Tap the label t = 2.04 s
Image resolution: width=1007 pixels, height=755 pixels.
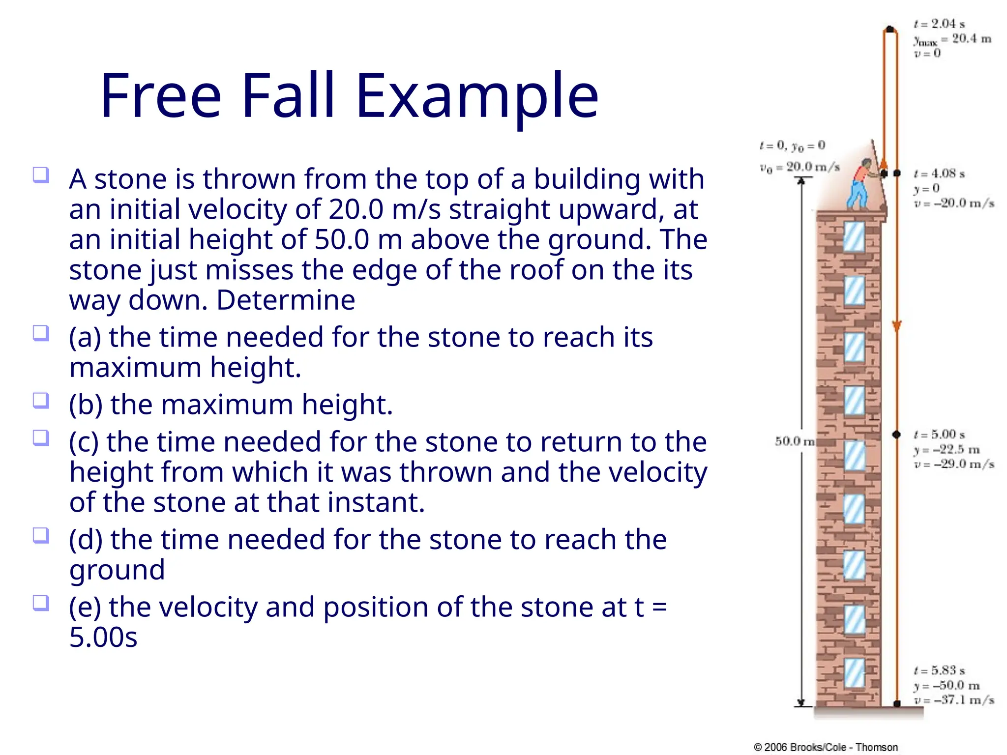coord(939,24)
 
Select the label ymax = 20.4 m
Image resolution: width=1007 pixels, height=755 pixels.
coord(952,39)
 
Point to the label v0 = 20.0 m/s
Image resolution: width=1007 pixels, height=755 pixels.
coord(800,168)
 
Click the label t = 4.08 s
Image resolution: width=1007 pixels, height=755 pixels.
coord(939,174)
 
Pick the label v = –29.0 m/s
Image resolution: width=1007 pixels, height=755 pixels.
coord(954,465)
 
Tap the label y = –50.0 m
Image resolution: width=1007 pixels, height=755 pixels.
coord(947,686)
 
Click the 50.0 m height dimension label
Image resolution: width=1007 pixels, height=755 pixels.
coord(794,441)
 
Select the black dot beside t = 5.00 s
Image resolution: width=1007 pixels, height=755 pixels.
coord(896,435)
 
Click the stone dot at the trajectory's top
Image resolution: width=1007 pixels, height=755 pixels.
coord(889,29)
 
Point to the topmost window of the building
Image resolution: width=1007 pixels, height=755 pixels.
coord(854,237)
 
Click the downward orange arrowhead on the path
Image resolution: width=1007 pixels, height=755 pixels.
coord(896,326)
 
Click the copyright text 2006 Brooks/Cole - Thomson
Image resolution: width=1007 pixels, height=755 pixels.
coord(826,747)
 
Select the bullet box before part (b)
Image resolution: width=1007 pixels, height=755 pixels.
coord(41,400)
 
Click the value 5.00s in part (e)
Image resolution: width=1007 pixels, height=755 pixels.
coord(103,638)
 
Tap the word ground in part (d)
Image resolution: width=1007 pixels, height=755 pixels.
coord(117,570)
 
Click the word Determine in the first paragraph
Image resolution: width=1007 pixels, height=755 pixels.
coord(286,300)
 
